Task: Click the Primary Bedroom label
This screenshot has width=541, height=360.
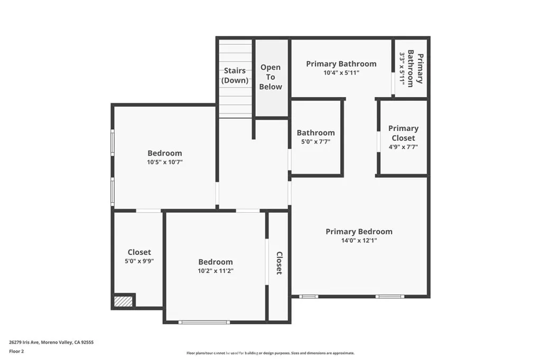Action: tap(359, 231)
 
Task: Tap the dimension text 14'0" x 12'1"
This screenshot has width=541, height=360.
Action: tap(359, 240)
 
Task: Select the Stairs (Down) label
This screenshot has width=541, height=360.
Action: tap(235, 75)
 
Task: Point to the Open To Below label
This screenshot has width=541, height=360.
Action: tap(270, 77)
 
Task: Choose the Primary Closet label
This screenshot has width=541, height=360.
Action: tap(403, 133)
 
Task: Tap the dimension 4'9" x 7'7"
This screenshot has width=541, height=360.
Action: tap(403, 147)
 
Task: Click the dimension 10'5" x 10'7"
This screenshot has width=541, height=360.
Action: tap(165, 163)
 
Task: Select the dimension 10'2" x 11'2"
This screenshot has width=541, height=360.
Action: tap(216, 271)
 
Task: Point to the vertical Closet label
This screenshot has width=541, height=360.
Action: tap(279, 263)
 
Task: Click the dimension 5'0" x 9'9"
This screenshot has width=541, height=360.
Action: tap(139, 261)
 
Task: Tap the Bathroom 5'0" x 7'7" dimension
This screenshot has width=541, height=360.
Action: tap(315, 142)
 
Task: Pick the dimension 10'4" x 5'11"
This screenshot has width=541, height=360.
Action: tap(341, 73)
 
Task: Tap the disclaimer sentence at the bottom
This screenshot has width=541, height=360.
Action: tap(270, 353)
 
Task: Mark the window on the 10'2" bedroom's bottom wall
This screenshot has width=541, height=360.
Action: tap(204, 322)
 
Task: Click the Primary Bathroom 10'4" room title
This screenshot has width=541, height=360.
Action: tap(341, 64)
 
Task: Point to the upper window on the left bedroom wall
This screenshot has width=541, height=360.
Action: tap(112, 143)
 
